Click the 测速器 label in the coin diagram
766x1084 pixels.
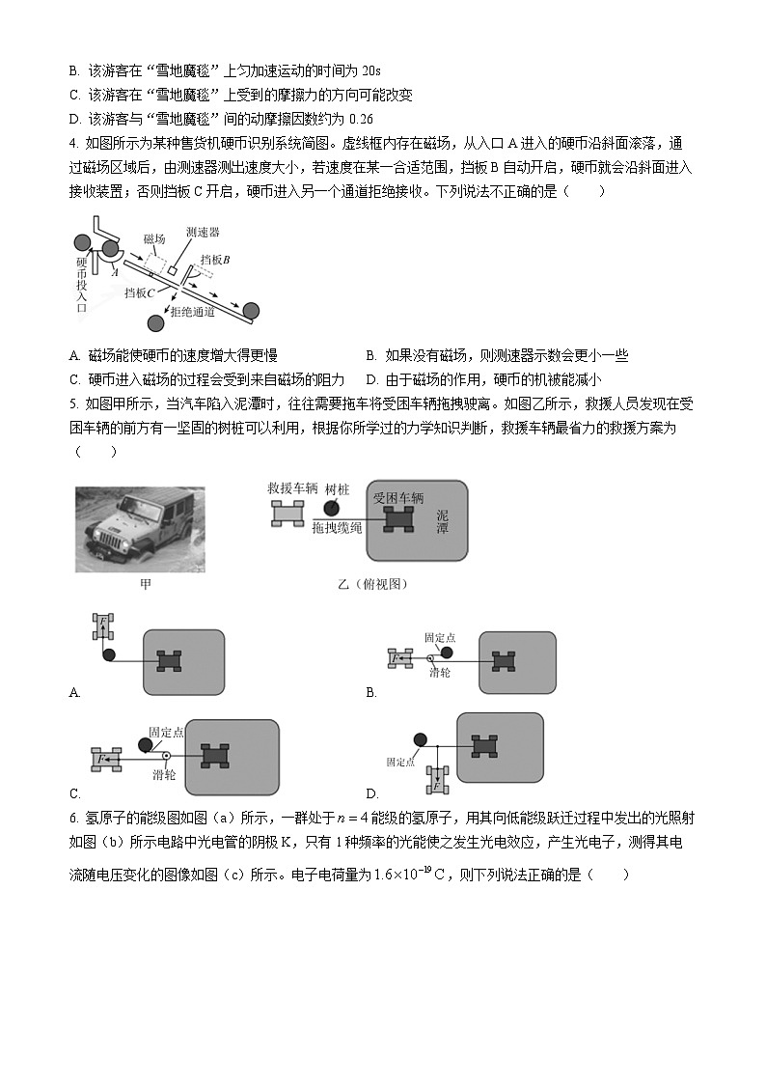pyautogui.click(x=204, y=233)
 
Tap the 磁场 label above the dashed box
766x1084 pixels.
pyautogui.click(x=154, y=238)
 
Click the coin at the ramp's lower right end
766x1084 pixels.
pyautogui.click(x=252, y=310)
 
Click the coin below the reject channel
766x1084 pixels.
pyautogui.click(x=153, y=322)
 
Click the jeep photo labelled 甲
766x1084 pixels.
pyautogui.click(x=140, y=529)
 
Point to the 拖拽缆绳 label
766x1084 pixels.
pyautogui.click(x=337, y=531)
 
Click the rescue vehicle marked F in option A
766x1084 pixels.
pyautogui.click(x=100, y=626)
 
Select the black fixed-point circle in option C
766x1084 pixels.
pyautogui.click(x=145, y=744)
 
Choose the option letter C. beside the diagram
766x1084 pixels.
pyautogui.click(x=75, y=793)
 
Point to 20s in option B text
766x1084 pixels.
pyautogui.click(x=369, y=70)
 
